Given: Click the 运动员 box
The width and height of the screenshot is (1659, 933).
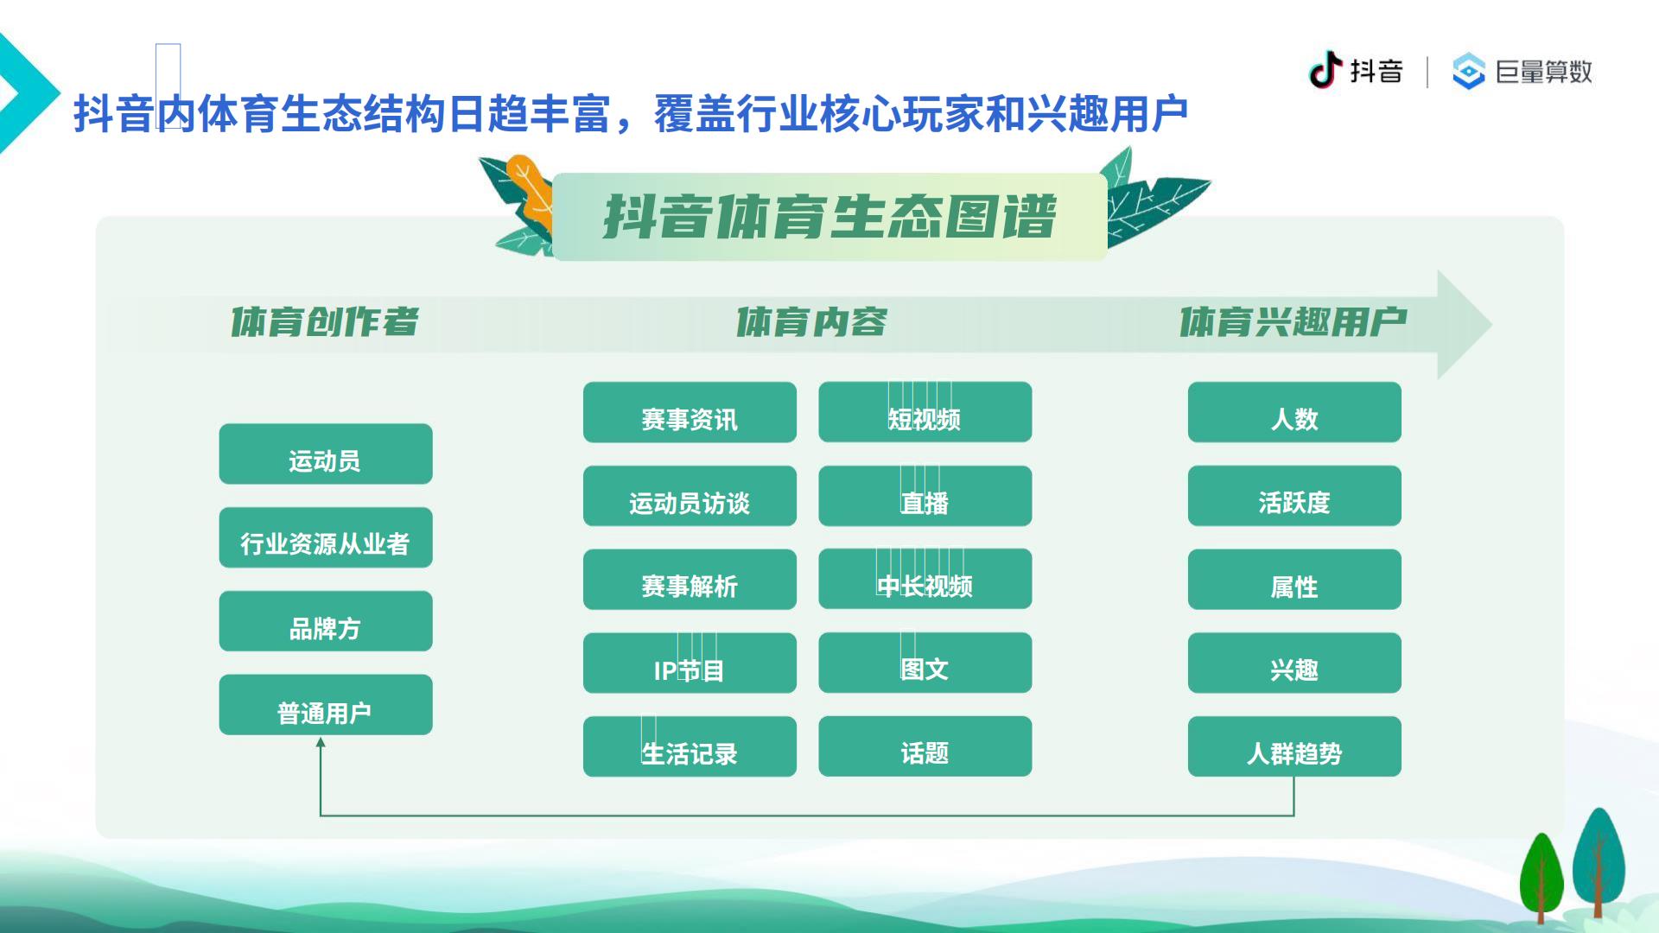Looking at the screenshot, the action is pos(326,454).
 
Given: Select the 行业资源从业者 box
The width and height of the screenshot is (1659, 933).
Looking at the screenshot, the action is pos(326,537).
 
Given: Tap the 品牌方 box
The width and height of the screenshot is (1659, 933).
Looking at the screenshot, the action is pos(326,621).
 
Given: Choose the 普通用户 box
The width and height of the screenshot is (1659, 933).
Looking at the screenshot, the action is pos(326,705).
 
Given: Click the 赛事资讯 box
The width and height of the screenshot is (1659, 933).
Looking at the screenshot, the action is pos(690,412).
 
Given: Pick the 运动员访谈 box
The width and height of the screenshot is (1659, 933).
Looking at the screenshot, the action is pos(690,496).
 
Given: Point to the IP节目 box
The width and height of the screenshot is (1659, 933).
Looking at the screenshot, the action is pos(690,663).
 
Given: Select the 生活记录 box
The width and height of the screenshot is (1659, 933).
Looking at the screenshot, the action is pos(690,746).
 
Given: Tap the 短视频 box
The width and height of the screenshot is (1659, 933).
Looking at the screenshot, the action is pos(925,412).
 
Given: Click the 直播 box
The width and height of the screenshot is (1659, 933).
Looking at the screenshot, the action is pos(925,496).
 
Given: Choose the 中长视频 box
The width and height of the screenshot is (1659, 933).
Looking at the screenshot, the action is pos(925,579).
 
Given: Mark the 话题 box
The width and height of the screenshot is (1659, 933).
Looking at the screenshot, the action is pos(925,746).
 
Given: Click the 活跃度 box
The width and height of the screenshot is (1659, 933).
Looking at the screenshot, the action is pos(1294,496).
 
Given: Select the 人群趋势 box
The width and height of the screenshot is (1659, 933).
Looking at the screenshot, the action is pos(1294,746).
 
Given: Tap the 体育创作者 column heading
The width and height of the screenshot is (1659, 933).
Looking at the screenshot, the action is pos(325,322).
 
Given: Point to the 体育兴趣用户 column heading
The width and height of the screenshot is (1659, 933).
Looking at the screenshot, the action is pos(1294,322).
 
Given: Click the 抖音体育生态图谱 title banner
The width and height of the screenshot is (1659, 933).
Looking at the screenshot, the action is pos(829,217).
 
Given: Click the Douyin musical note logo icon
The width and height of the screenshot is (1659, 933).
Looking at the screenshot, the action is pos(1325,70).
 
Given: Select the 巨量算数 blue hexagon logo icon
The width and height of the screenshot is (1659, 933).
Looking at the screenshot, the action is pos(1468,71).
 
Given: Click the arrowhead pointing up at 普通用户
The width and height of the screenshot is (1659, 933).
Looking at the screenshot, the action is pos(321,743).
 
